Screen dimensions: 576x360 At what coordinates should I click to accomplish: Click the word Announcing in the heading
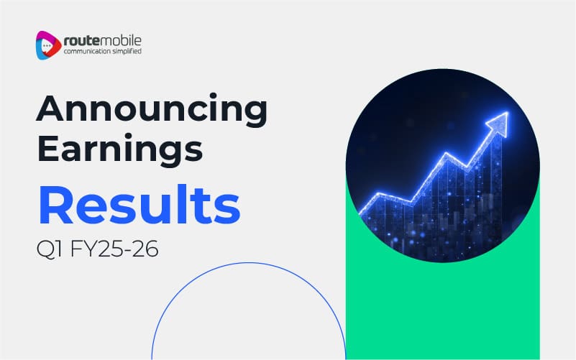pos(152,110)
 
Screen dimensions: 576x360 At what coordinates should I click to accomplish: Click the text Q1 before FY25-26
pos(49,249)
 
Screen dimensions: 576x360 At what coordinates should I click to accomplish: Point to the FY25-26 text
pos(114,249)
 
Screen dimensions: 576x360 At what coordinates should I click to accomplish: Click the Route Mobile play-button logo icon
pos(48,45)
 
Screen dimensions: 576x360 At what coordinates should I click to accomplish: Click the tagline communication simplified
pos(103,51)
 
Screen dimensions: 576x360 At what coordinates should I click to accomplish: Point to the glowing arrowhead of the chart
pos(499,123)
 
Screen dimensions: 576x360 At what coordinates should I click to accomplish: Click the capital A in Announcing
pos(50,109)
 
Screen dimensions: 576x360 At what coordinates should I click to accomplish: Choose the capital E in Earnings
pos(47,148)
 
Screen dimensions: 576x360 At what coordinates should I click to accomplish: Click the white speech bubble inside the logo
pos(47,46)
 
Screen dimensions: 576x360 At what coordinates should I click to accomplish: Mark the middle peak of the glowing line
pos(446,153)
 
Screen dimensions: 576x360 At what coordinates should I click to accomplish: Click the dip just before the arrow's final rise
pos(467,168)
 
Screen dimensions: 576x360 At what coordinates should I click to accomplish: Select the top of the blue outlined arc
pos(249,263)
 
